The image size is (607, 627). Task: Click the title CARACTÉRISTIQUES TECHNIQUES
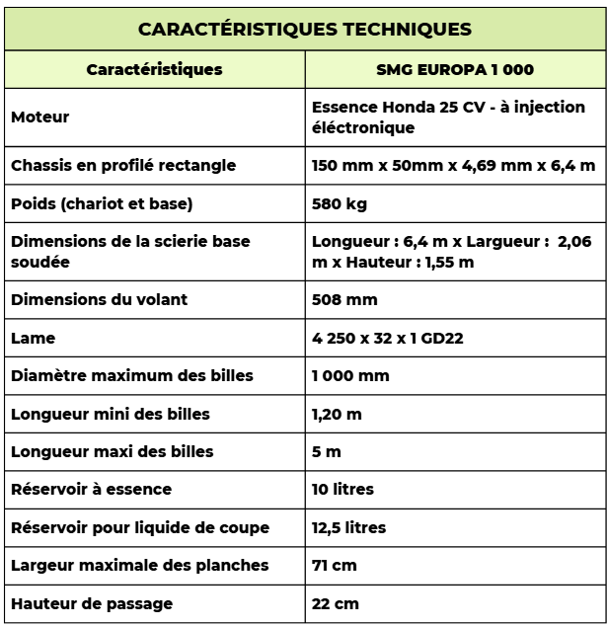point(304,29)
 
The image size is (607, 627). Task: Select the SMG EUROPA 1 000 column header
point(454,70)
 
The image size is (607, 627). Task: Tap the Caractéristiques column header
point(154,70)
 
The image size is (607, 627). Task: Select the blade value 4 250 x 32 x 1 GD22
point(388,338)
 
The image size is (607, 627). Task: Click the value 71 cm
point(334,566)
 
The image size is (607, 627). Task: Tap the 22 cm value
point(335,603)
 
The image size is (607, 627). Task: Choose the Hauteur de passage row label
point(92,603)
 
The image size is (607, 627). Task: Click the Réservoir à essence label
point(91,490)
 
